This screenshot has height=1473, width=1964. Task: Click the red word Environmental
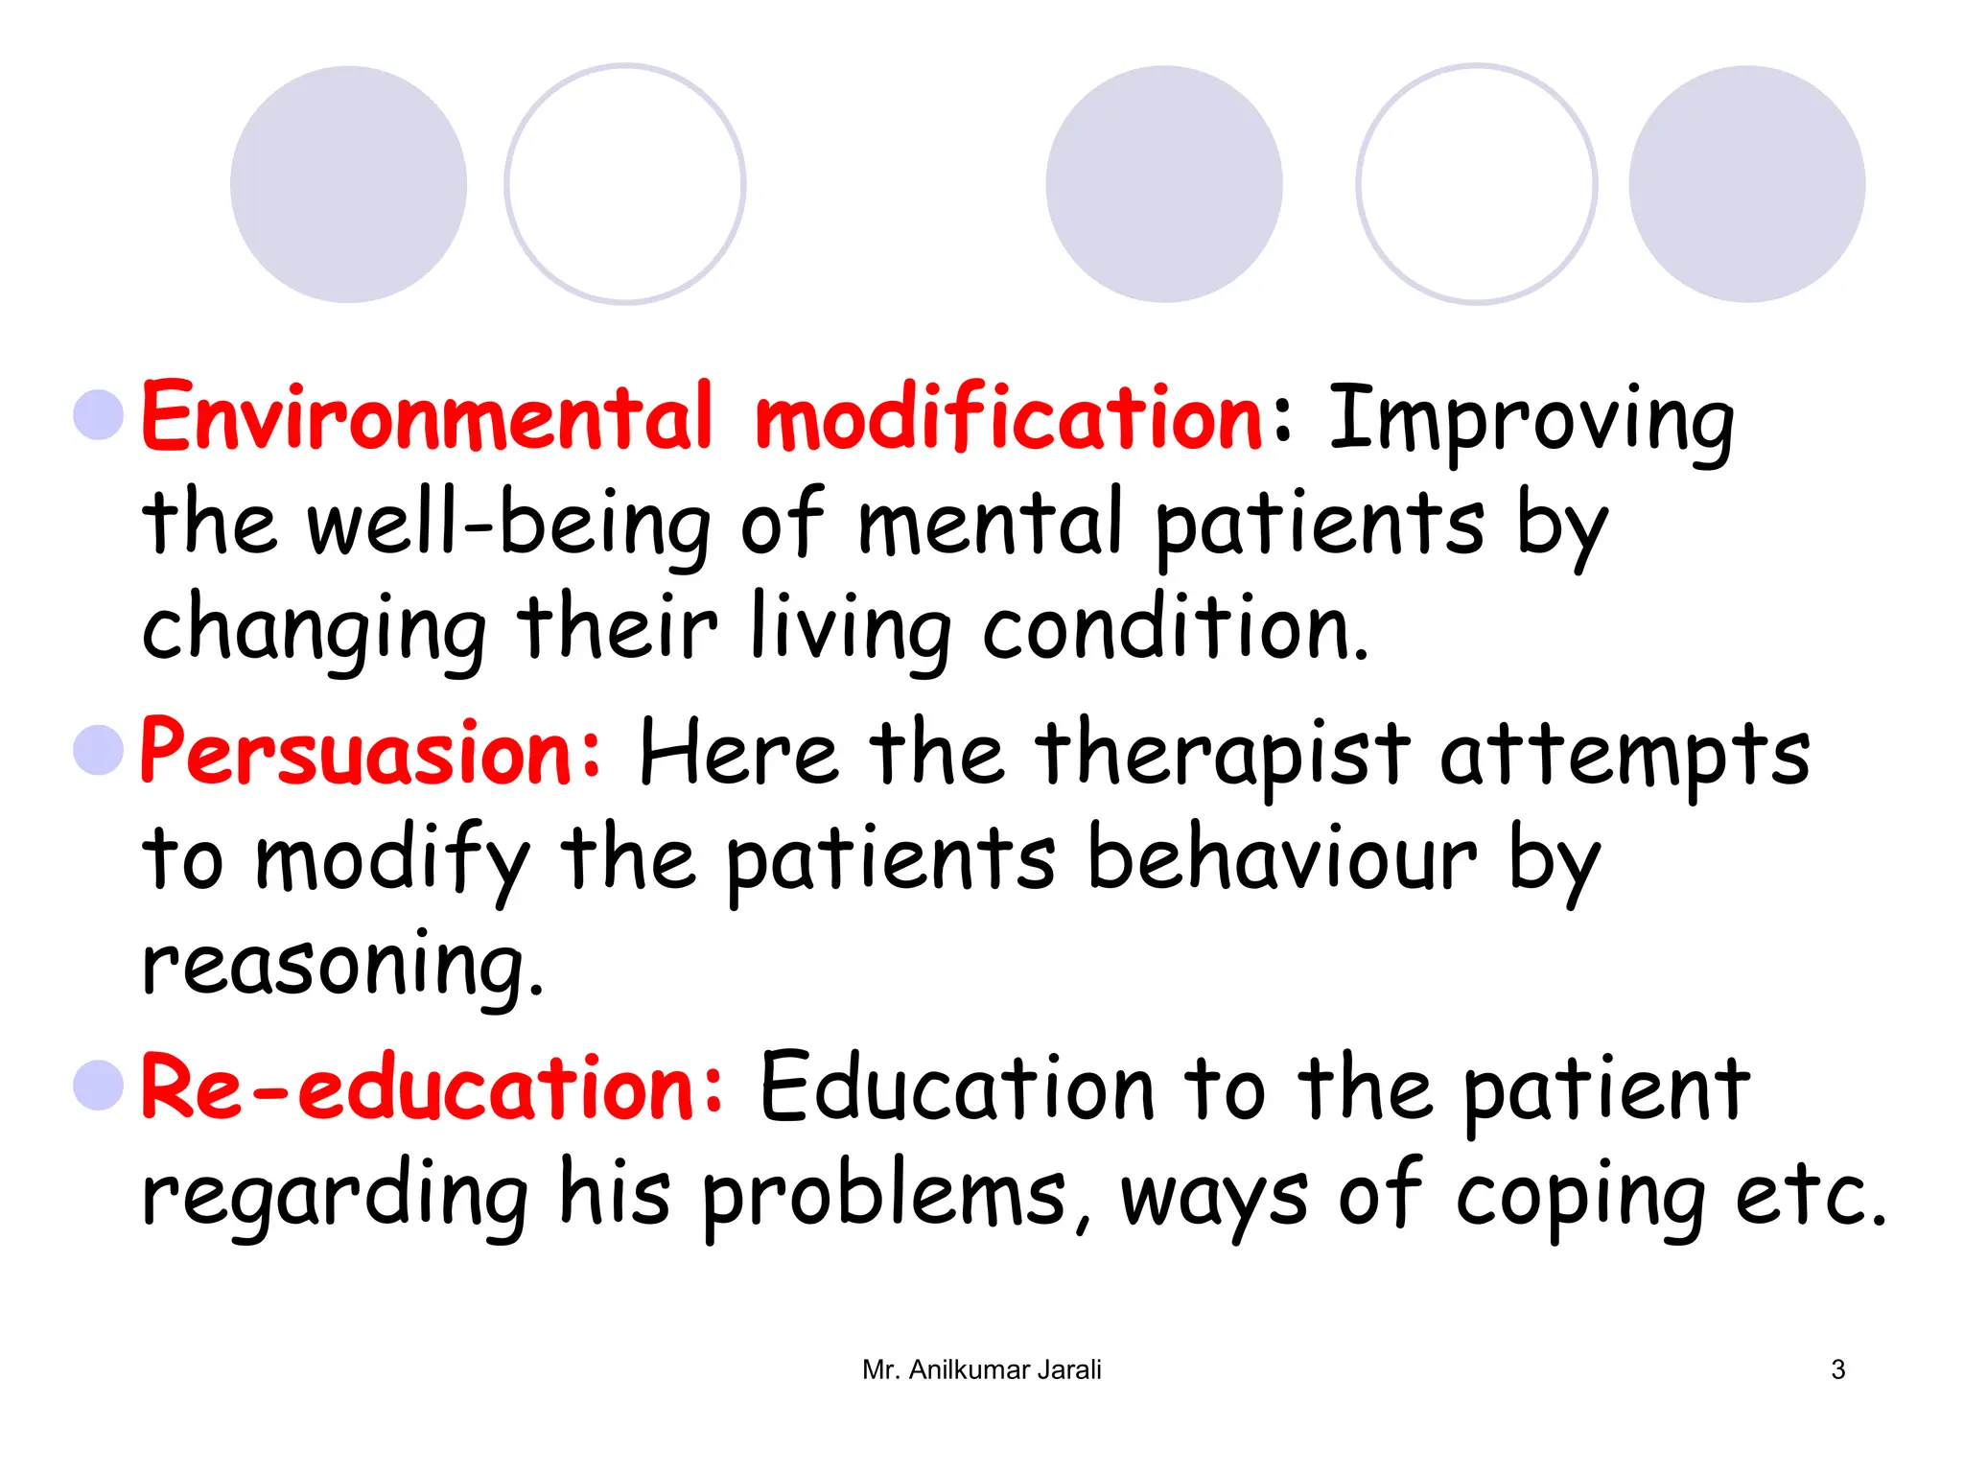[428, 417]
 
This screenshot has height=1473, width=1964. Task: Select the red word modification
[1009, 417]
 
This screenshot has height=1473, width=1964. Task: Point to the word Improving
[1531, 422]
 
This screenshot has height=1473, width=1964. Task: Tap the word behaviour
[1282, 858]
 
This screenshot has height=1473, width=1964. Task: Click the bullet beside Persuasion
[99, 750]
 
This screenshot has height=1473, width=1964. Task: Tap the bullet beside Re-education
[99, 1086]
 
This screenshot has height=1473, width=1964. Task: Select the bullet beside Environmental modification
[99, 415]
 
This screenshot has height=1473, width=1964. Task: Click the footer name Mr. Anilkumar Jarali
[981, 1369]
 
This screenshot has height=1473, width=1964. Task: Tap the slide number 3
[1837, 1369]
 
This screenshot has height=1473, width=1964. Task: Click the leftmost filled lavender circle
[348, 184]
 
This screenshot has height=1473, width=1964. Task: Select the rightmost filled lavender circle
[1746, 184]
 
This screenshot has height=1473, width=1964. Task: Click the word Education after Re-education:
[956, 1088]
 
